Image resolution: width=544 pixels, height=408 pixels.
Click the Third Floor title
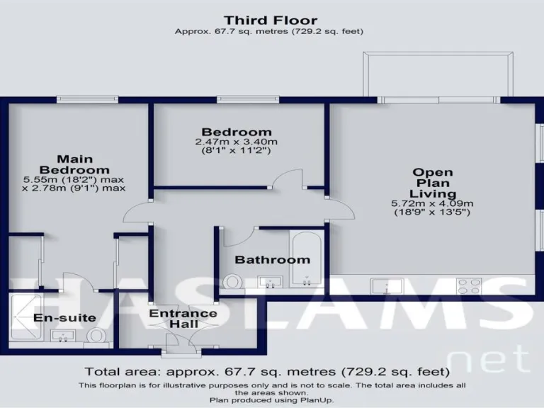[271, 21]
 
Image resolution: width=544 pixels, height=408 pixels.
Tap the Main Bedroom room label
[74, 164]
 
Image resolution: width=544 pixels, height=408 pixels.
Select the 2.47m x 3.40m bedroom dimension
[237, 142]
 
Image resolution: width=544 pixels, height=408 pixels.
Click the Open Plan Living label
[433, 183]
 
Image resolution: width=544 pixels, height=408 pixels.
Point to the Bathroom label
[272, 260]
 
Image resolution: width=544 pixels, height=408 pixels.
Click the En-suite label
[64, 317]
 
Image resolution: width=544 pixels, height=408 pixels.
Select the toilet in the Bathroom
[231, 282]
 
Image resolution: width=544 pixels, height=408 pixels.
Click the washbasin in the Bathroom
[270, 283]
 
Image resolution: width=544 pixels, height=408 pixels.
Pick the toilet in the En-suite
[96, 335]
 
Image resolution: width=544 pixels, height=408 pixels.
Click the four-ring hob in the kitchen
[470, 285]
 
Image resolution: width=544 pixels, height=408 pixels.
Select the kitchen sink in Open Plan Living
[387, 285]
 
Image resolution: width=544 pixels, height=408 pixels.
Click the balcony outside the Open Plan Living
[438, 74]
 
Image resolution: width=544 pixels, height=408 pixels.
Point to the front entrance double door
[174, 345]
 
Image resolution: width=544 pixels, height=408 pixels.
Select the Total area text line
[267, 371]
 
